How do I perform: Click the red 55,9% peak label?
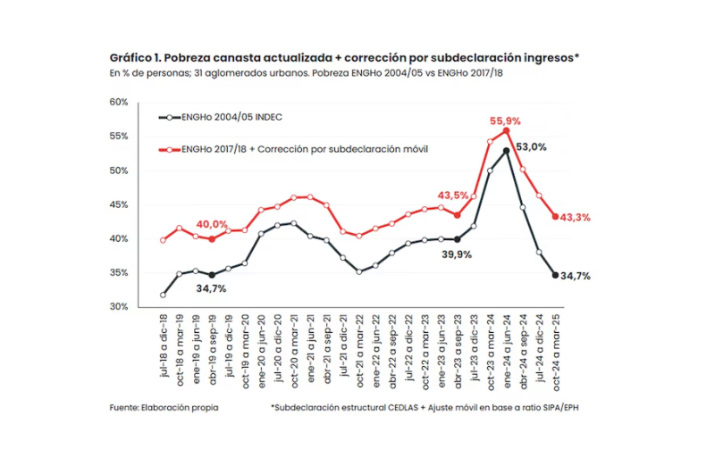505,120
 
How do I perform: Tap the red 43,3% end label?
575,218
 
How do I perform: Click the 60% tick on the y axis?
119,103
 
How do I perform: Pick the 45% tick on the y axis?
119,204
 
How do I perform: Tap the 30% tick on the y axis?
119,306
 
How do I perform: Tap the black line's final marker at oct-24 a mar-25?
555,275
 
